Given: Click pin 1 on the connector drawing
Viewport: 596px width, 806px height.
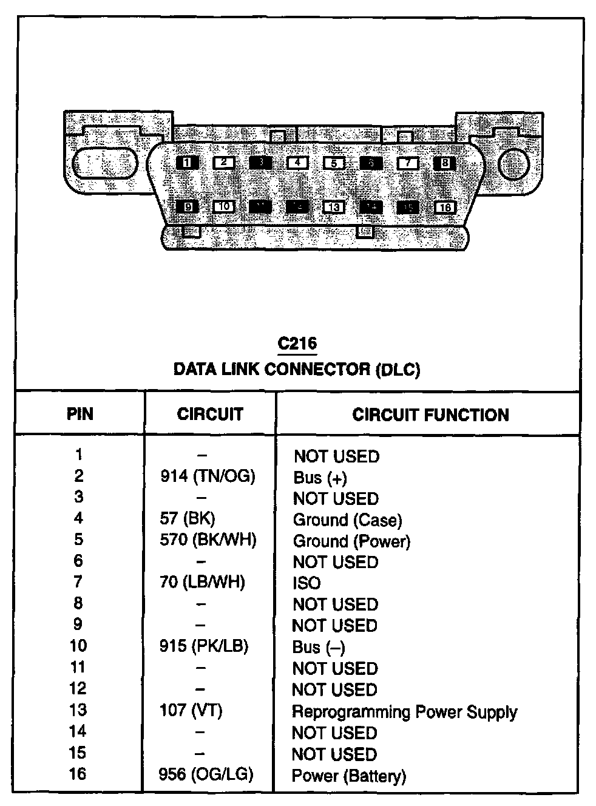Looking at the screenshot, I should click(x=187, y=162).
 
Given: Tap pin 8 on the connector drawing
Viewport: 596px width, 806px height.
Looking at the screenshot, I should click(x=445, y=163).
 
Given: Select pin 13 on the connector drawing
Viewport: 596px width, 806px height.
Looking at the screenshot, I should click(x=334, y=207).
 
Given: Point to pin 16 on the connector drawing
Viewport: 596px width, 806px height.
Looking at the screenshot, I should click(x=445, y=208).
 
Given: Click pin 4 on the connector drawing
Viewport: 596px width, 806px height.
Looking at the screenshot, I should click(x=297, y=163).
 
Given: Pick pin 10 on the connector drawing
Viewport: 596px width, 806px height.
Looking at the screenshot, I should click(x=224, y=206).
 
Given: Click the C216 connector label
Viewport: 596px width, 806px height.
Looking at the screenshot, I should click(x=297, y=344).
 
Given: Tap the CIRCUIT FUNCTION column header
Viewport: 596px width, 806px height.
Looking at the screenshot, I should click(x=430, y=415).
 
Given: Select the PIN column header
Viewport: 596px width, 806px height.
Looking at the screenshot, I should click(x=80, y=415).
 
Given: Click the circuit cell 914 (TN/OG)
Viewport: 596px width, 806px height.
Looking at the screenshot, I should click(x=208, y=476).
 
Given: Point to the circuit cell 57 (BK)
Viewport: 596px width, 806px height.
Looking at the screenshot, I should click(x=188, y=519).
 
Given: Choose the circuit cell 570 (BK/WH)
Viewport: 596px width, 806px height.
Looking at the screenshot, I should click(x=208, y=540).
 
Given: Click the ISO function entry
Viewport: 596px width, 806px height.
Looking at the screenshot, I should click(x=306, y=583).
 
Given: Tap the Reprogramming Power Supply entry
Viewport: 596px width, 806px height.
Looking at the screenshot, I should click(x=404, y=711).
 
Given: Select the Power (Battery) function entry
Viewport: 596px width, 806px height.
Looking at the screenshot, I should click(x=348, y=776).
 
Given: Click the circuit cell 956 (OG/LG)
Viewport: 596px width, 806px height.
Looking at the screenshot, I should click(x=206, y=774).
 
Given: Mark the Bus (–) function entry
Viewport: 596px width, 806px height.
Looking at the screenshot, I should click(x=319, y=647).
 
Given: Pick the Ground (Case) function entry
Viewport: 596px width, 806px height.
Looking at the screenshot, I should click(x=347, y=520).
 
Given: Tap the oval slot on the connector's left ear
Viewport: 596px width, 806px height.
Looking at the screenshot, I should click(x=105, y=163).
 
